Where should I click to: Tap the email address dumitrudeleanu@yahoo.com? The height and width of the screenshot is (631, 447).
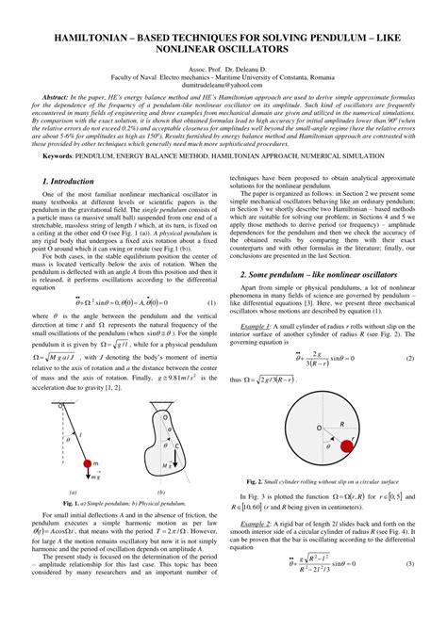(x=223, y=83)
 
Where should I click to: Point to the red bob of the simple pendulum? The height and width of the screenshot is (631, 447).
(x=93, y=463)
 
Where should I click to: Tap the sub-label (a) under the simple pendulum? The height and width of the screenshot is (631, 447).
(x=73, y=493)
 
